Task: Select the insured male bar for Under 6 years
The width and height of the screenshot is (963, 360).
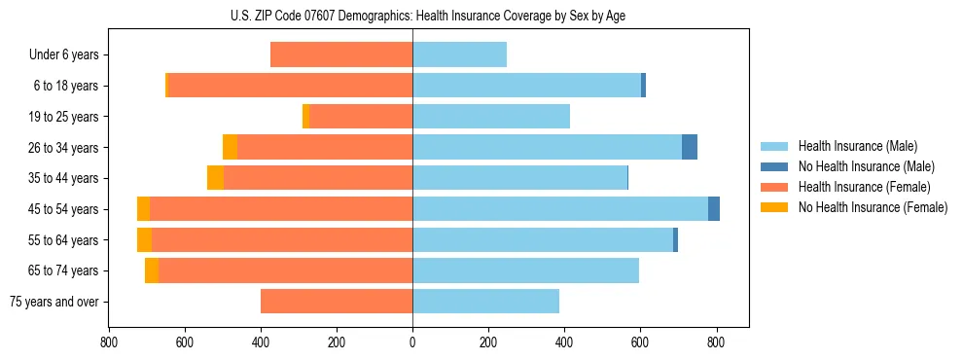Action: [x=459, y=55]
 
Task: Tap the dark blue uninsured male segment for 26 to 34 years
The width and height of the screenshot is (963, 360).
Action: [x=690, y=148]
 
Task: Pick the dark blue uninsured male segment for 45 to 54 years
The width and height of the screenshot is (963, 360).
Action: [x=714, y=209]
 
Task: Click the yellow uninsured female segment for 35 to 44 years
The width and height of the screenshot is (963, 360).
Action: [x=215, y=178]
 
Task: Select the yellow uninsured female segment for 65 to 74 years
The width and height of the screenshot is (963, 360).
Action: [x=152, y=270]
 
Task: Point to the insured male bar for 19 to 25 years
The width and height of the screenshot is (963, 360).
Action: [x=491, y=117]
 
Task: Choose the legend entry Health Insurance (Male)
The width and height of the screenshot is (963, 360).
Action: [x=857, y=146]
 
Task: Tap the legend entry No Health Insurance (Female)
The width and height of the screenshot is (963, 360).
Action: [x=873, y=207]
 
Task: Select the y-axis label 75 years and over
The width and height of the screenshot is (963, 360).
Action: [x=53, y=302]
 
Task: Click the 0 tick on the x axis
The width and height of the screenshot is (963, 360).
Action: [x=412, y=342]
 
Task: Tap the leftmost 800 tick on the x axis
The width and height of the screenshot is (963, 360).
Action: [x=109, y=342]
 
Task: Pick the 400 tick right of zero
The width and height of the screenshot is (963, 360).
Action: [x=564, y=342]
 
